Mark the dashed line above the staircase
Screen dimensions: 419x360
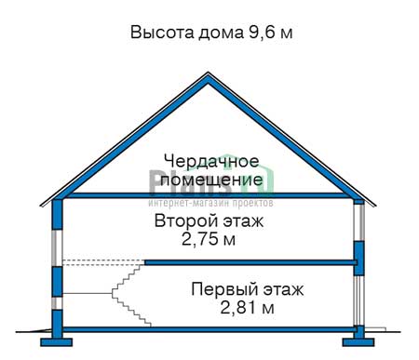pos(102,261)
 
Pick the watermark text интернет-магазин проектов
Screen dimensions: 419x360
pos(209,201)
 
